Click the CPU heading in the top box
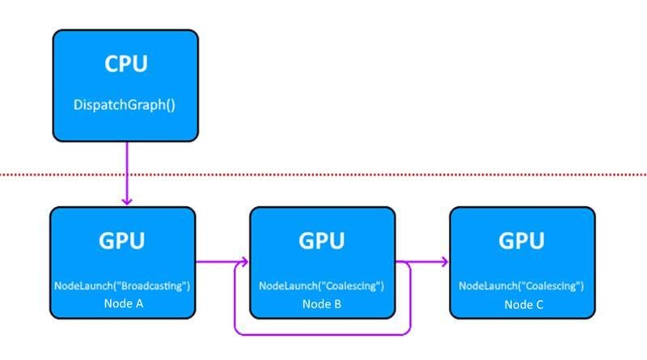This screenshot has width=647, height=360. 125,65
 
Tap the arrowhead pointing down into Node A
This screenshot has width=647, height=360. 125,200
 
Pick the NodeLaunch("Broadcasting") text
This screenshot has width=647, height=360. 122,286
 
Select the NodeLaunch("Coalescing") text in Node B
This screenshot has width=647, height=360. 322,286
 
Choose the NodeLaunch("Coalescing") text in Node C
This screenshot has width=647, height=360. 522,286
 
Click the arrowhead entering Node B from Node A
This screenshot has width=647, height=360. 243,262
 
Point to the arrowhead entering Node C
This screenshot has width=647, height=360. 444,262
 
